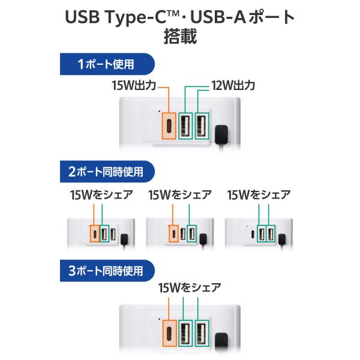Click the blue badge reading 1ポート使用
click(107, 64)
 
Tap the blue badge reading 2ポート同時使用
click(107, 172)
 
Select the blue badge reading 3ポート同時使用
click(107, 271)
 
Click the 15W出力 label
click(134, 85)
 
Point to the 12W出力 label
click(233, 85)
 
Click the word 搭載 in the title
click(180, 36)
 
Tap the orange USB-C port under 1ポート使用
click(169, 126)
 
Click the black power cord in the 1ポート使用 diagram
click(221, 136)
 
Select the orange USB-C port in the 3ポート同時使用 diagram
click(169, 333)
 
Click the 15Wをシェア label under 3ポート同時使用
click(190, 288)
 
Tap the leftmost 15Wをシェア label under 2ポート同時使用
click(101, 195)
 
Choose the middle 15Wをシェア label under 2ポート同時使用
click(180, 195)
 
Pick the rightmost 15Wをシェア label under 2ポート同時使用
click(259, 195)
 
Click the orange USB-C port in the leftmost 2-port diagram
click(95, 233)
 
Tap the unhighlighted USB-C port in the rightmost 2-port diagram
click(253, 235)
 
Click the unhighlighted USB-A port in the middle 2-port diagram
click(183, 234)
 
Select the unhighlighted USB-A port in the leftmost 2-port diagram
click(113, 234)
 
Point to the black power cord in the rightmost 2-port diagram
click(282, 241)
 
